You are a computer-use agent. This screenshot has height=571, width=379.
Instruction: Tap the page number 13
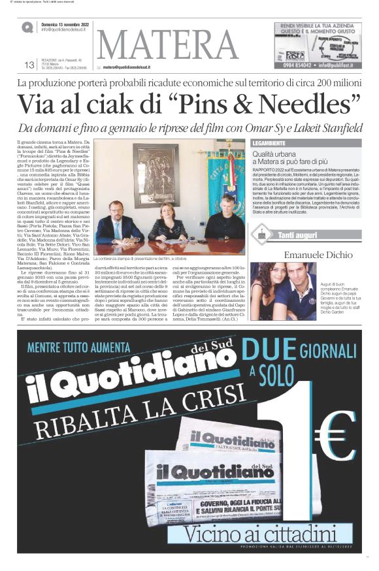29,64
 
